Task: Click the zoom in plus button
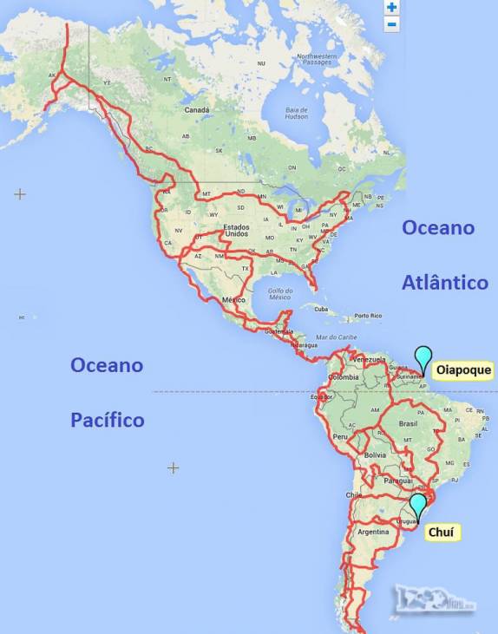392,7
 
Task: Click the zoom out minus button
392,23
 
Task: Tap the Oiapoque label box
462,370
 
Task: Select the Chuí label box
442,532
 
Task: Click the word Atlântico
445,282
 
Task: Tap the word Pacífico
108,420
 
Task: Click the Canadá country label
197,110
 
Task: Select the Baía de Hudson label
298,113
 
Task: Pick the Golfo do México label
279,294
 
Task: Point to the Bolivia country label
375,454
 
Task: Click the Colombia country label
344,377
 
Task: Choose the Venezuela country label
369,360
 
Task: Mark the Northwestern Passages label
316,59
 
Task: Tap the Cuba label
321,308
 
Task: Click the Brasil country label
408,424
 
